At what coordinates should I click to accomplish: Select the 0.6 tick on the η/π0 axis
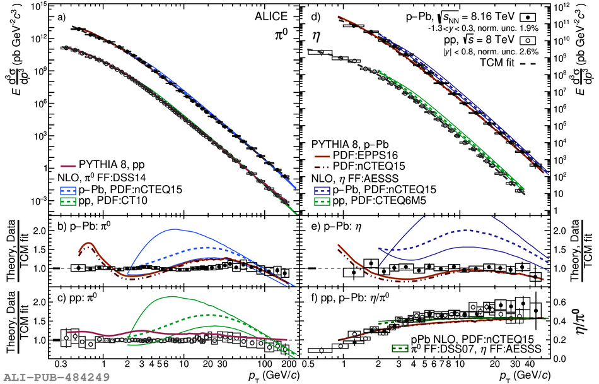tap(559, 301)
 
